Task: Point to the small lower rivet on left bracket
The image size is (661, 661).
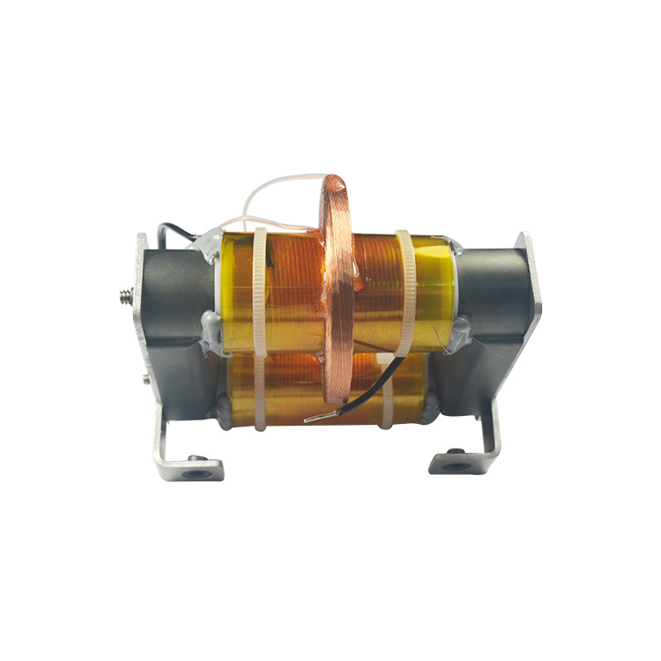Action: click(x=144, y=381)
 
